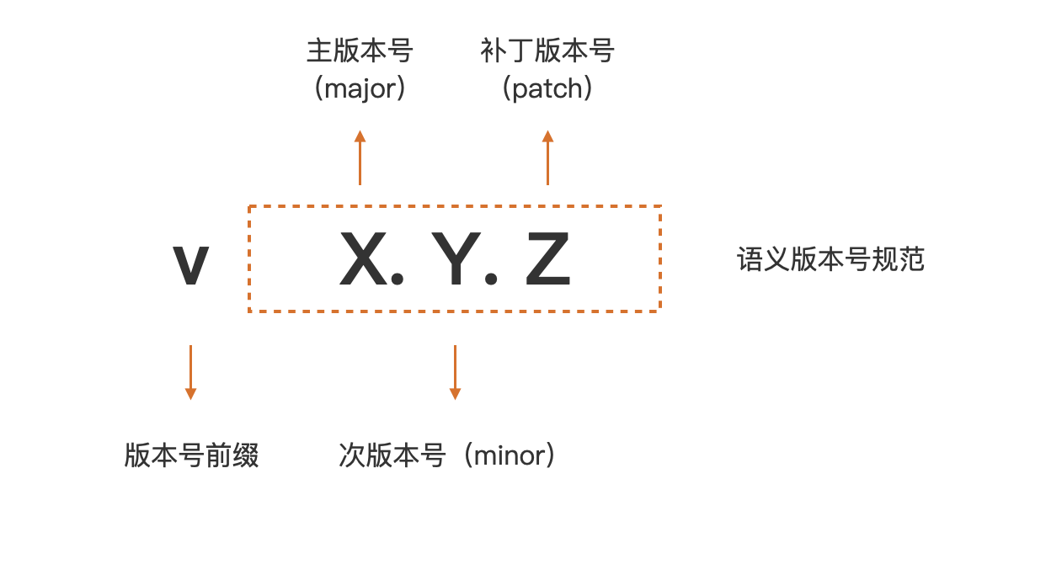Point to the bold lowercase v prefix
pos(190,265)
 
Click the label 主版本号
pos(360,51)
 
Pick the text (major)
pos(360,88)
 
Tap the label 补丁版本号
pos(547,51)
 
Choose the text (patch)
pos(547,88)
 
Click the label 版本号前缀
pos(191,455)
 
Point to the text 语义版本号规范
pos(830,259)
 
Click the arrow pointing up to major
pos(360,157)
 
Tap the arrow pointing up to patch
pos(547,157)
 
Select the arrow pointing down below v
pos(190,371)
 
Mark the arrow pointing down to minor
pos(455,371)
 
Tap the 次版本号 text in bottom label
pos(392,455)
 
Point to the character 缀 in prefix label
pos(245,455)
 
